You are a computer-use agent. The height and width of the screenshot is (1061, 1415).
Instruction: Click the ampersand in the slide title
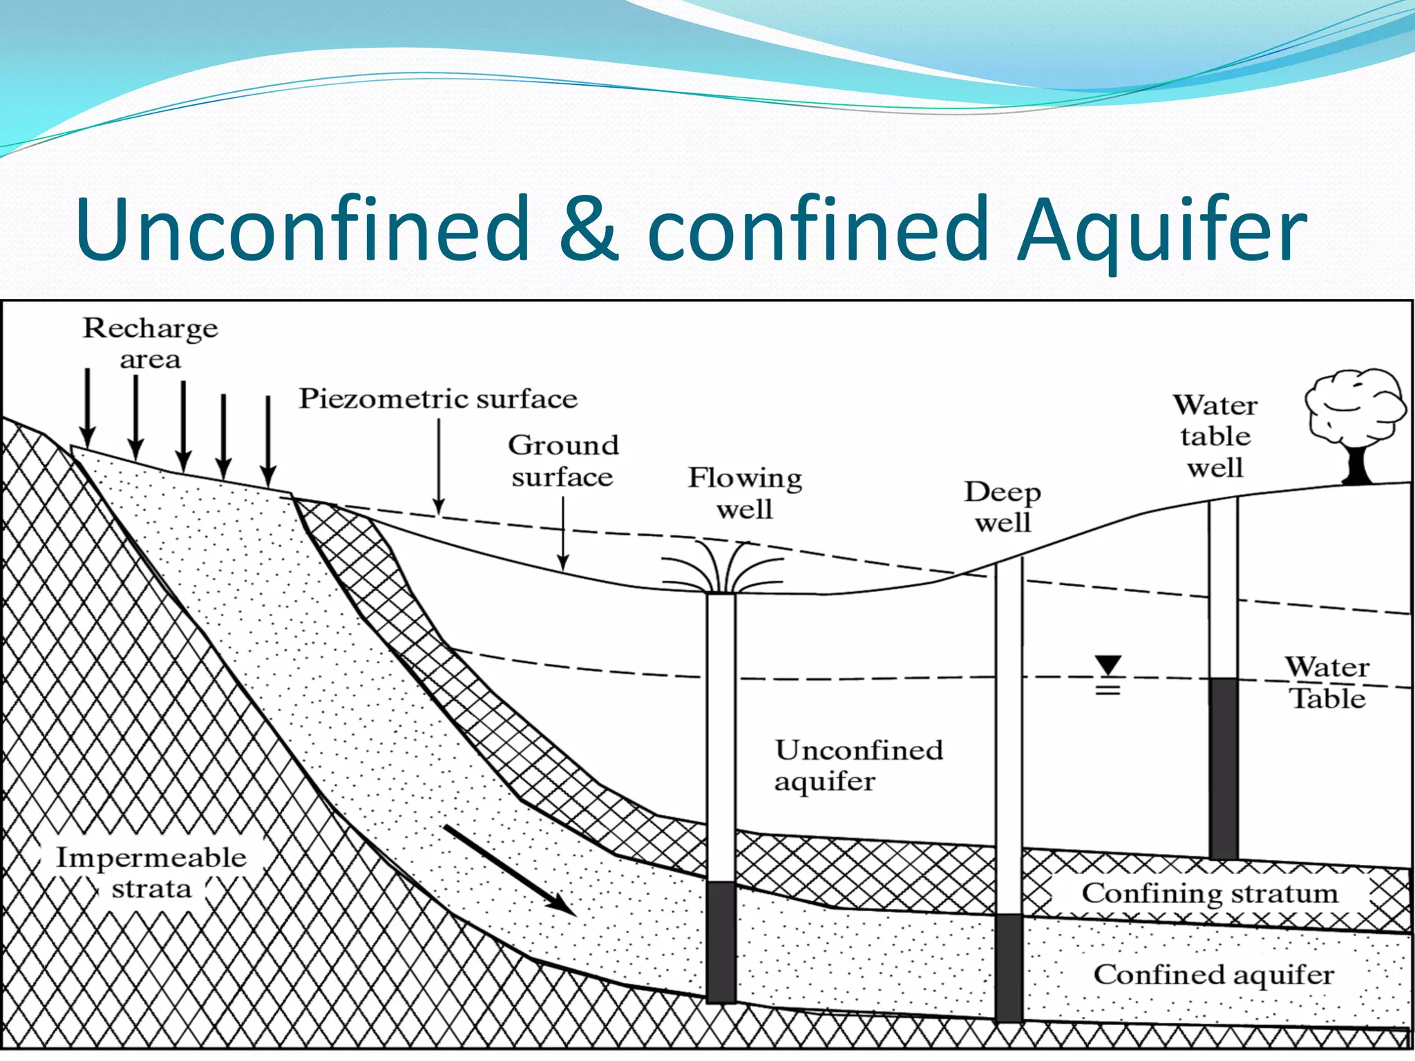coord(588,230)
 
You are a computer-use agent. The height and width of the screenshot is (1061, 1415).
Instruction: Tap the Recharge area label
coord(150,343)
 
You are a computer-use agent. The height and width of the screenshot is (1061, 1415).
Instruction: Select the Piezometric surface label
coord(437,399)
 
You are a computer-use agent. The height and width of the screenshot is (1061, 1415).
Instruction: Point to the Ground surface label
coord(563,461)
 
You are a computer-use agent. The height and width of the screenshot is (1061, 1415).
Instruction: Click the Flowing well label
coord(745,493)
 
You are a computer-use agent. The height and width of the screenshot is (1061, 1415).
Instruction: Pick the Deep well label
coord(1003,506)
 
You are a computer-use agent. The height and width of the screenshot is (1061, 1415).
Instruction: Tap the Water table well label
coord(1215,436)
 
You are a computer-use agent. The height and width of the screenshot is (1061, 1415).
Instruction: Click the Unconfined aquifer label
coord(858,765)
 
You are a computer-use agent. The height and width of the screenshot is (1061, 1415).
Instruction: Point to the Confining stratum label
coord(1210,892)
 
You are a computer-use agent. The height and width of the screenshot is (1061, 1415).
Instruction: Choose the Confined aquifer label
coord(1213,974)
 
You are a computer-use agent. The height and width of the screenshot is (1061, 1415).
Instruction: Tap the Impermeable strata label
coord(151,872)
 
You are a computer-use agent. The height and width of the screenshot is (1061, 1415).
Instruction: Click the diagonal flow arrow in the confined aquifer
coord(509,870)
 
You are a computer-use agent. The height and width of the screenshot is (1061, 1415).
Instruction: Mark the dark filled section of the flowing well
coord(721,941)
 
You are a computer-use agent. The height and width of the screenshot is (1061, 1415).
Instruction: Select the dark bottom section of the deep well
coord(1009,967)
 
